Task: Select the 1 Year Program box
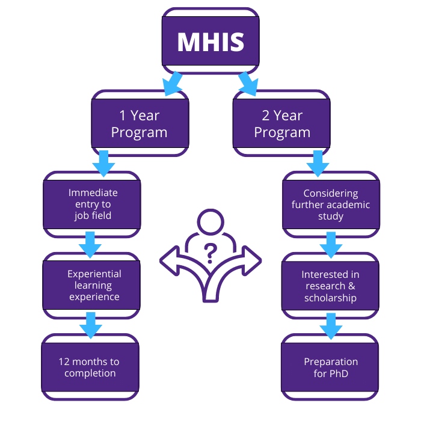140,123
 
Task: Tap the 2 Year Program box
282,123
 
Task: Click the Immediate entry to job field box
93,204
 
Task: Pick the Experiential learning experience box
93,285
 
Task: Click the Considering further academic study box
331,204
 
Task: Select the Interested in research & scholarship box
330,286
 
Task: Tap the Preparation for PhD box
330,367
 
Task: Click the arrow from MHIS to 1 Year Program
174,83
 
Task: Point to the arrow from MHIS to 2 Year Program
247,83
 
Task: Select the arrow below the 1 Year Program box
103,162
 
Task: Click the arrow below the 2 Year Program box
317,162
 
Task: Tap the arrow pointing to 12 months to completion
90,325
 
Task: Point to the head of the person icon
210,223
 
